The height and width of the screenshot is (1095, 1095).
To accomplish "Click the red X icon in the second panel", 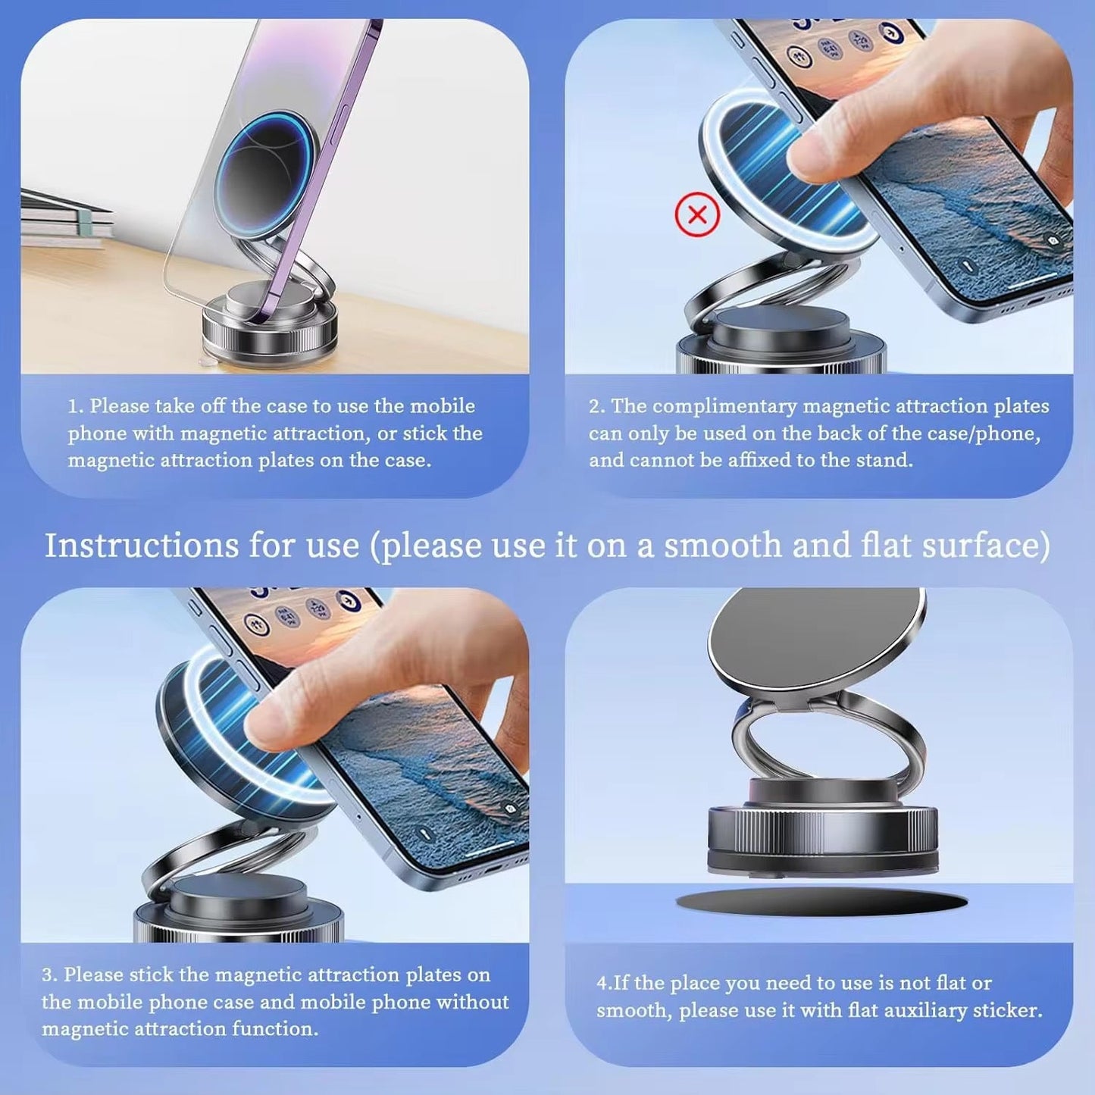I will point(697,215).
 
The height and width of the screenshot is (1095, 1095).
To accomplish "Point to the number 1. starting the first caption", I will point(76,406).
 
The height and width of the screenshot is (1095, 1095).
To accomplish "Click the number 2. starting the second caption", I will point(597,406).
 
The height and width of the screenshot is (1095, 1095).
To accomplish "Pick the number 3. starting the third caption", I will point(49,975).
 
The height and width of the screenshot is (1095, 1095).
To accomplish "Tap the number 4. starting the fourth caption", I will point(604,984).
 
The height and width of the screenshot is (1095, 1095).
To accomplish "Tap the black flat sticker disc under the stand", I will point(821,902).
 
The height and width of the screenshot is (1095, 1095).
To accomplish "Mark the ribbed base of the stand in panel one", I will point(269,333).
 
